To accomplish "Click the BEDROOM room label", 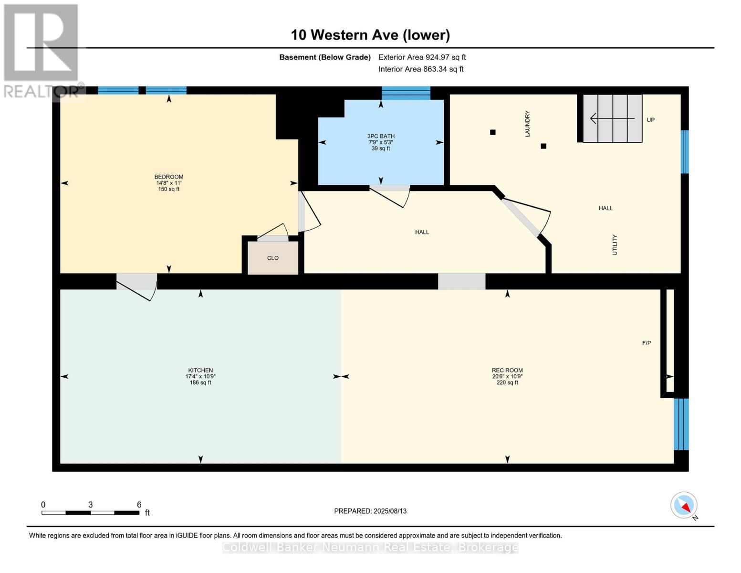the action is pyautogui.click(x=169, y=177).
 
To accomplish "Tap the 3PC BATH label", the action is pyautogui.click(x=381, y=136).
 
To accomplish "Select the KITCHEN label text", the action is pyautogui.click(x=200, y=370).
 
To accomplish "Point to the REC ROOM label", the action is pyautogui.click(x=507, y=370).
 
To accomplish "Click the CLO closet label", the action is pyautogui.click(x=273, y=258).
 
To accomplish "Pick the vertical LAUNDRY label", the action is pyautogui.click(x=528, y=124).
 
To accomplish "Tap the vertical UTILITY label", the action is pyautogui.click(x=615, y=244).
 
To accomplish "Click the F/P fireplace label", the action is pyautogui.click(x=647, y=343).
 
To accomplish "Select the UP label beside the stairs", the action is pyautogui.click(x=651, y=120).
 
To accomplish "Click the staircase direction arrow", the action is pyautogui.click(x=613, y=118).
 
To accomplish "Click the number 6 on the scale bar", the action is pyautogui.click(x=139, y=505).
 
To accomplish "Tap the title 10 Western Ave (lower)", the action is pyautogui.click(x=370, y=35).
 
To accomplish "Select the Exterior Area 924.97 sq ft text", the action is pyautogui.click(x=422, y=57).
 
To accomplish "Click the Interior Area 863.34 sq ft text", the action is pyautogui.click(x=421, y=69).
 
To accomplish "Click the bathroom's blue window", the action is pyautogui.click(x=406, y=93).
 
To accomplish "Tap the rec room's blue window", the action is pyautogui.click(x=681, y=424).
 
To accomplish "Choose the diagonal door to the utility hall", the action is pyautogui.click(x=521, y=217).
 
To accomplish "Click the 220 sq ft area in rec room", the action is pyautogui.click(x=507, y=382).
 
